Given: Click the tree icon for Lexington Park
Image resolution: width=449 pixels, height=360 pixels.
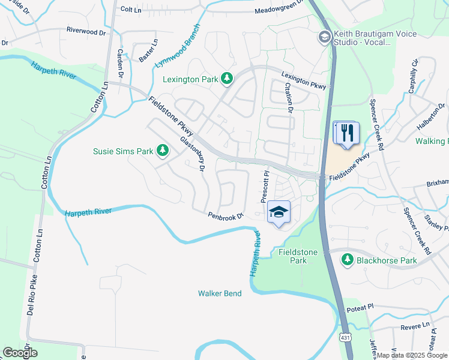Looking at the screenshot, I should [227, 78].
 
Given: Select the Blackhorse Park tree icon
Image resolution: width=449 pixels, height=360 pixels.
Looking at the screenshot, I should [347, 260].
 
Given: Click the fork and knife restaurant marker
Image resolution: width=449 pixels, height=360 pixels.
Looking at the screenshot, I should [346, 133].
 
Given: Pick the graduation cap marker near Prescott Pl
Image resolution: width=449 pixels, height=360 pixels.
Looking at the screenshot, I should [279, 212].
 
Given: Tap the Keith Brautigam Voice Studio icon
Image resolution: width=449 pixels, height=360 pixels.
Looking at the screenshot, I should [325, 38].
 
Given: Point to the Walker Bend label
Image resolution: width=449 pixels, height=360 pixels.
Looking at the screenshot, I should [220, 293].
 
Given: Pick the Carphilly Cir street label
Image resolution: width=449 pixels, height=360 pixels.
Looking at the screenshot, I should [413, 74].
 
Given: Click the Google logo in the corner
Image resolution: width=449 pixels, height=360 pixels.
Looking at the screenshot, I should [20, 353].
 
